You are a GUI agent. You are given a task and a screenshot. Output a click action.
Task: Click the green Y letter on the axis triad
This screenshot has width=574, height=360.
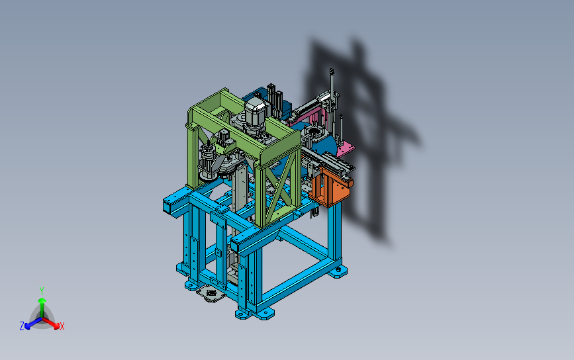[42, 291]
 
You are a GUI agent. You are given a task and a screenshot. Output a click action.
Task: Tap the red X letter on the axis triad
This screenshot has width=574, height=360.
[62, 326]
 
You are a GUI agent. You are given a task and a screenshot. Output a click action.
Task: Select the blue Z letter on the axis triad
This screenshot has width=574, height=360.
[22, 326]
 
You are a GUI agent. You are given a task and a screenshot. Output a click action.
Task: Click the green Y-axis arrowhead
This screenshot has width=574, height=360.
[42, 301]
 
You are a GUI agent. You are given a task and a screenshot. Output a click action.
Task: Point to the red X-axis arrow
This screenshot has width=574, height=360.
[50, 322]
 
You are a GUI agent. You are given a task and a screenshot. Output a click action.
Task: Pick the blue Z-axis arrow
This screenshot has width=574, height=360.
[33, 323]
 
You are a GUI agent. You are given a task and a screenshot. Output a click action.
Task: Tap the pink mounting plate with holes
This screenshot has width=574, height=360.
[345, 149]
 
